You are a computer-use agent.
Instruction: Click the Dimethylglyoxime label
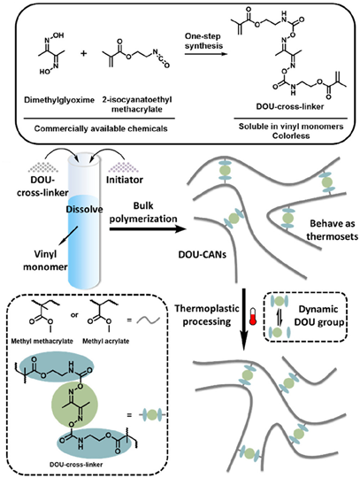(59, 100)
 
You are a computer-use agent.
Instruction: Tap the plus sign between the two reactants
(83, 53)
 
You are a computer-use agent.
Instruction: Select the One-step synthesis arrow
(206, 54)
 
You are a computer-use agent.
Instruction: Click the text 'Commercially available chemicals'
(101, 128)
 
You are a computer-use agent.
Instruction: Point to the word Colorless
(291, 135)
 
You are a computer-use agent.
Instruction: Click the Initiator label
(124, 180)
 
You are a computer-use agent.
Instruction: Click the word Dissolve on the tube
(84, 210)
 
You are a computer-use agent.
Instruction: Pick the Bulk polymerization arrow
(148, 228)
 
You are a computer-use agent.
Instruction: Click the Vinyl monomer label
(45, 260)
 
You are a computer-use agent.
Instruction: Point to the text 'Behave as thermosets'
(333, 229)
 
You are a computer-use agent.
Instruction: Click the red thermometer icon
(252, 316)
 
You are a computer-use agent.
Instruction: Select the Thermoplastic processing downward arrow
(243, 319)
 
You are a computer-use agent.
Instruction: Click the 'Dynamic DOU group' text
(318, 315)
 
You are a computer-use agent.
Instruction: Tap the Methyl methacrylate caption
(42, 341)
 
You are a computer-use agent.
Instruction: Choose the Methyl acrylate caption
(105, 341)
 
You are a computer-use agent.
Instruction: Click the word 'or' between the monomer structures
(74, 315)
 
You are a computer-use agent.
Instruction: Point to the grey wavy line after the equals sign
(148, 320)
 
